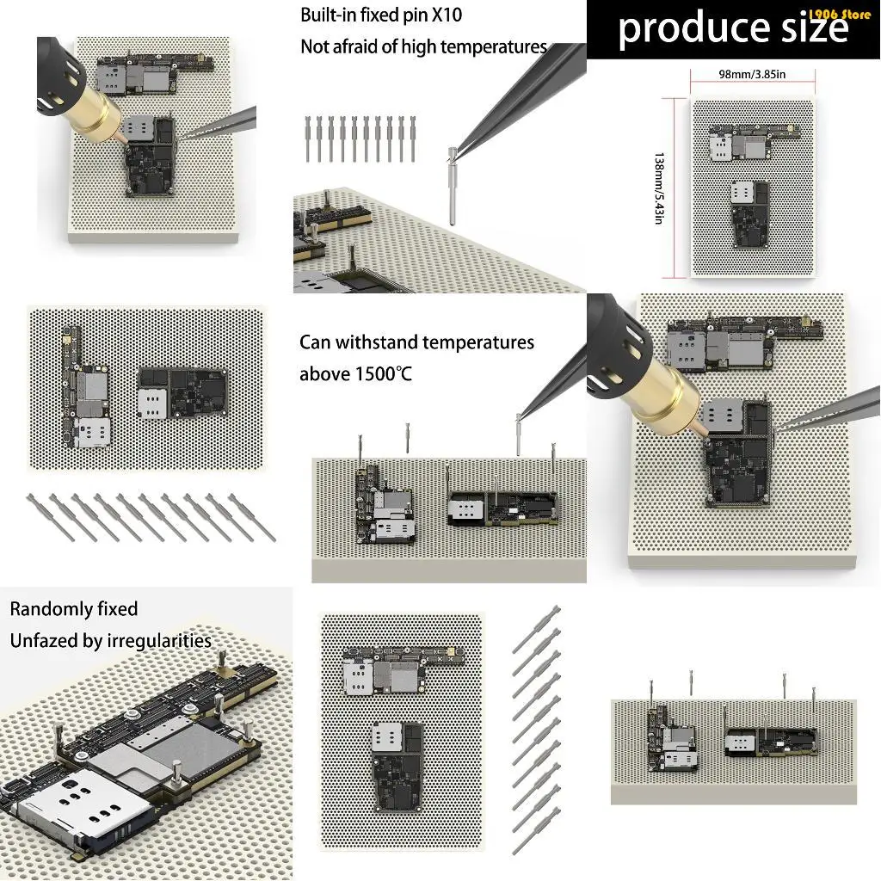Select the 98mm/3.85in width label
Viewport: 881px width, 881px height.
click(x=752, y=74)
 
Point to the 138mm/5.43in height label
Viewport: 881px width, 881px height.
click(x=659, y=188)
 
